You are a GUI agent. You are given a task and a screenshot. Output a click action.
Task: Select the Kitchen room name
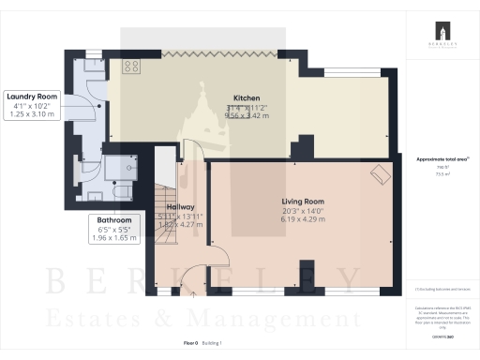click(247, 97)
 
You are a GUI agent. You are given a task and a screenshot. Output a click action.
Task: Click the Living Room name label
click(302, 202)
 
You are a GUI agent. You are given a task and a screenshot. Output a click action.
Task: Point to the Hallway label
click(179, 207)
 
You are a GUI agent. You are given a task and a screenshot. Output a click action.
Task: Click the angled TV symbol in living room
click(380, 175)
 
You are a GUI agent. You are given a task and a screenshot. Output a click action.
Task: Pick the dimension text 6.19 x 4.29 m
click(302, 221)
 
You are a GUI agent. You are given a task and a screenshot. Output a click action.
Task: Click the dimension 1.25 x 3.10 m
click(32, 115)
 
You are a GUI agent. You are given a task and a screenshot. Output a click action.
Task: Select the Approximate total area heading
click(441, 159)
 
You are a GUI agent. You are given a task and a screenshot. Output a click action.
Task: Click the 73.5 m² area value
click(441, 173)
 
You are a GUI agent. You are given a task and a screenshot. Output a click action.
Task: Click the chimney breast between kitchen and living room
click(302, 149)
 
